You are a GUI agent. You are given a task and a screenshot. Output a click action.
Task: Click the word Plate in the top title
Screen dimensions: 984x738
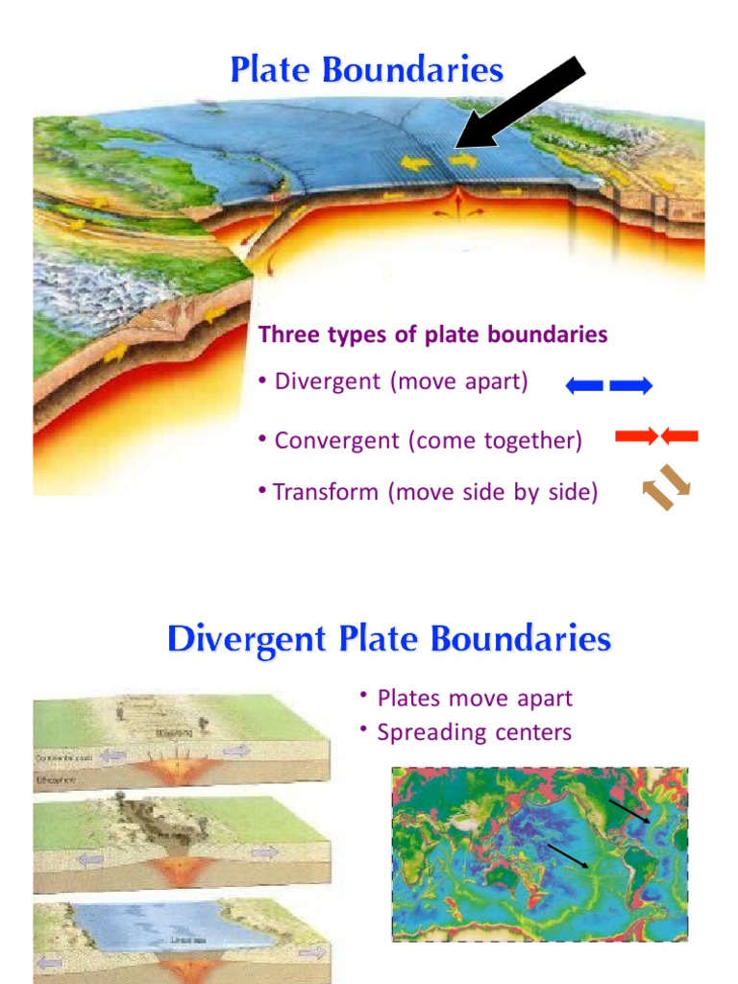(x=271, y=70)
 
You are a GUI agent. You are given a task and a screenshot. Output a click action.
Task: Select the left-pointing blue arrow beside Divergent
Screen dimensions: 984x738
(x=584, y=386)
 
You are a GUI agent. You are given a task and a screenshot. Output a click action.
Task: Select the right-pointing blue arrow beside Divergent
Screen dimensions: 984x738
(x=631, y=386)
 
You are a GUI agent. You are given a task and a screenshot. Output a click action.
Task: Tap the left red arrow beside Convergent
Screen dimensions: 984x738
(x=636, y=437)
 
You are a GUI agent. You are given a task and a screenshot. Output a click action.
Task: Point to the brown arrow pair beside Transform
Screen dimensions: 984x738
(x=667, y=487)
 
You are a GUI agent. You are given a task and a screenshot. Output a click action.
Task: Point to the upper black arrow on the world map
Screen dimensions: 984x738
(x=628, y=812)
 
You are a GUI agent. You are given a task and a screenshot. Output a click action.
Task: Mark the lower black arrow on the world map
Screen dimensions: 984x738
(x=567, y=856)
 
